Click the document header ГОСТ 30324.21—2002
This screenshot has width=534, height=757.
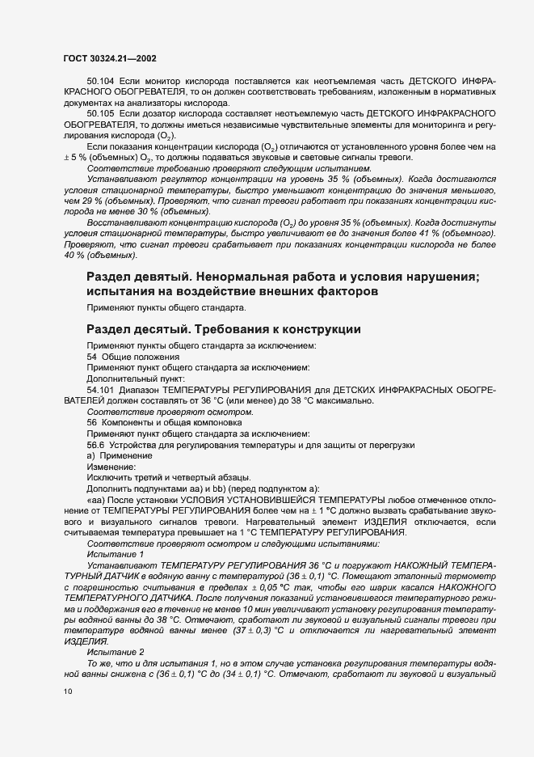pos(110,58)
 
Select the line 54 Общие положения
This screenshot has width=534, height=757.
pos(128,357)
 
